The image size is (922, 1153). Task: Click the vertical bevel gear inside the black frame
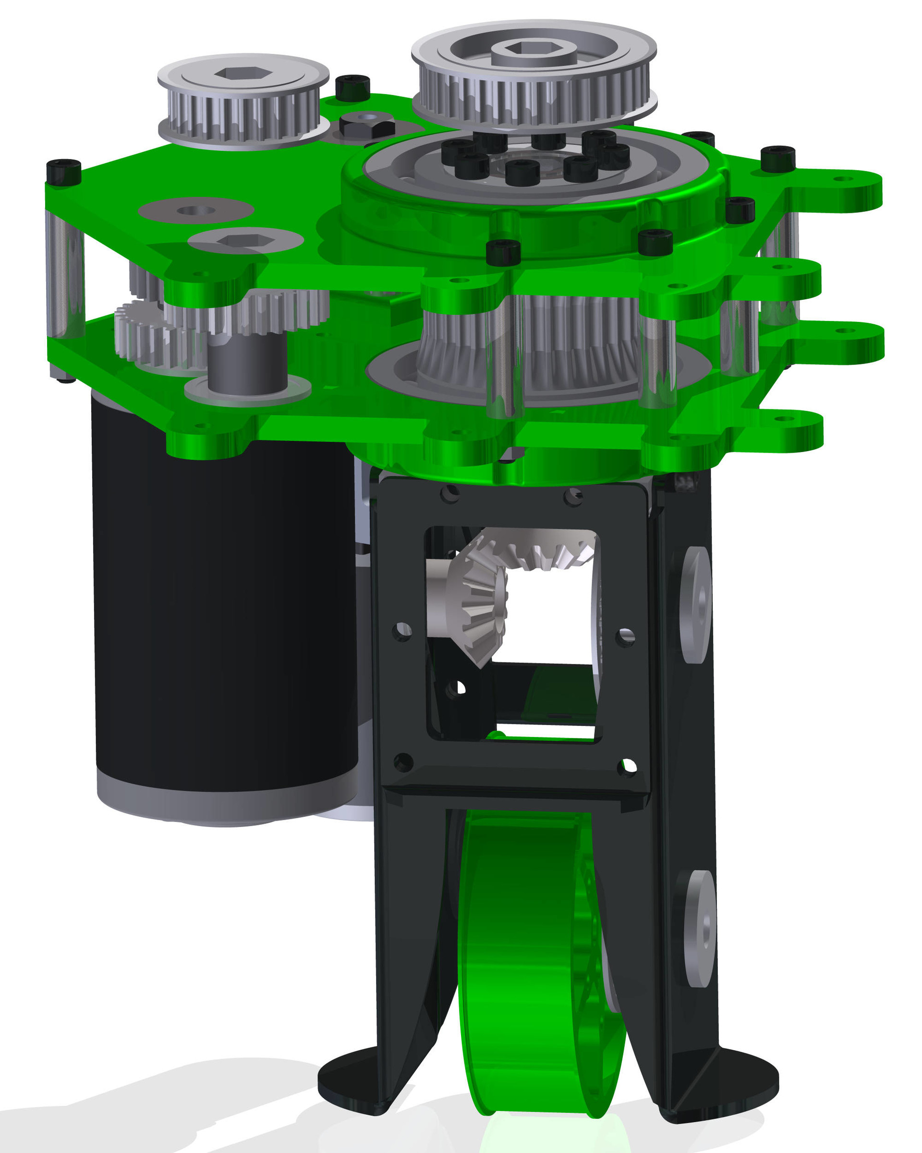(x=476, y=604)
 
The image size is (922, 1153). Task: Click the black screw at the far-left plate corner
(x=63, y=172)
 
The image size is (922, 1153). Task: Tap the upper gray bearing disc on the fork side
(x=695, y=604)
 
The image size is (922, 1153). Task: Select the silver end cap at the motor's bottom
(x=224, y=802)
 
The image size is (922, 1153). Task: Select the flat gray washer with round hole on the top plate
(x=195, y=210)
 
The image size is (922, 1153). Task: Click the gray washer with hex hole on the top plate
(x=245, y=241)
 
